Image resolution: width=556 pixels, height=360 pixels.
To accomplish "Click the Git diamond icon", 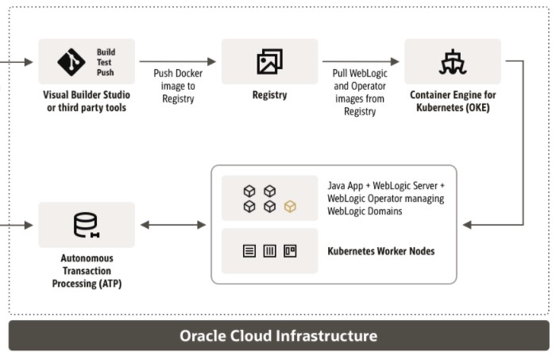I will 71,62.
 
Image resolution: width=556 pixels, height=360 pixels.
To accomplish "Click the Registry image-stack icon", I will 269,62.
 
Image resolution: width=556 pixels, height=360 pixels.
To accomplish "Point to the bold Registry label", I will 269,95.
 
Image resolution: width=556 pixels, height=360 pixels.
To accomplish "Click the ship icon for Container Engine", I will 452,62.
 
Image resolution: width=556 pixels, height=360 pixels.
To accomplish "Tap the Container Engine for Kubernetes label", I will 453,101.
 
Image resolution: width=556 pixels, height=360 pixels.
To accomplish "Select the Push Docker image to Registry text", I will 178,86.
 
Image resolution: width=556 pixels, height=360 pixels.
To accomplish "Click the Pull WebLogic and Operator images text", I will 359,92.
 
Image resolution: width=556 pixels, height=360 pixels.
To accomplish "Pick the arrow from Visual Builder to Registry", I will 178,61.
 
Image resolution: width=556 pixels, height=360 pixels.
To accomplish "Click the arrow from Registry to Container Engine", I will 361,61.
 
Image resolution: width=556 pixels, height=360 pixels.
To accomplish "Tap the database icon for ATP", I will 85,225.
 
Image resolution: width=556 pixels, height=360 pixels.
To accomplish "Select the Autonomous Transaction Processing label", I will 87,271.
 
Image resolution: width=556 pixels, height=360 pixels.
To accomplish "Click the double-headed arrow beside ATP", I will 172,225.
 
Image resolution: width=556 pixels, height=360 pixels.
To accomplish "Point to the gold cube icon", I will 290,207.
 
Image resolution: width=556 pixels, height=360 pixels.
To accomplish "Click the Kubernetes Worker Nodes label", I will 380,251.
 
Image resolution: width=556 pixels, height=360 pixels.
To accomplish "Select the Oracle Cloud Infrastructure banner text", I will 278,335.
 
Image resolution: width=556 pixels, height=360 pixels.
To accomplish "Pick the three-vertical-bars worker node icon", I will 269,251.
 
